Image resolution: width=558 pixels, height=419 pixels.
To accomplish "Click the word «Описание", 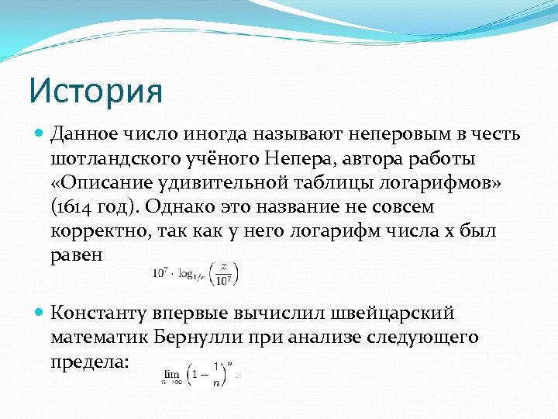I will point(98,184).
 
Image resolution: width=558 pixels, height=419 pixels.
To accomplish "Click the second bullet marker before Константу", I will point(40,313).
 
